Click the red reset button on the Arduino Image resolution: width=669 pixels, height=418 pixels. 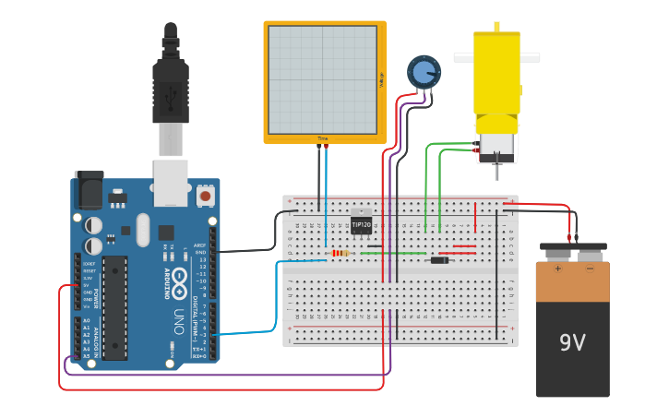(205, 196)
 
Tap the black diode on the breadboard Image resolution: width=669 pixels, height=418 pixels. (440, 260)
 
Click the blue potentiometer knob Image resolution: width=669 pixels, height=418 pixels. (424, 71)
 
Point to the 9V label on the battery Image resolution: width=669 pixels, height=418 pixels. (572, 343)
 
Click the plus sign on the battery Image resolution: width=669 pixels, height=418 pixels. (557, 269)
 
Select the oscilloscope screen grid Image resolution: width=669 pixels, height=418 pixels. (322, 79)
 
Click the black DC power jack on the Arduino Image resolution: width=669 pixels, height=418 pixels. (89, 191)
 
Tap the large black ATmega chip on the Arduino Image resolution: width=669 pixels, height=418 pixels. (114, 307)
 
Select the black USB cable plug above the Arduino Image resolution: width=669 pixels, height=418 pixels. (171, 92)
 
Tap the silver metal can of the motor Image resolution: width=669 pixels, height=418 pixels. (496, 146)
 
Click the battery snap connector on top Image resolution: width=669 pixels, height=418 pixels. (573, 249)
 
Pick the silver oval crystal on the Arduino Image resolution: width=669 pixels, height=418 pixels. (142, 230)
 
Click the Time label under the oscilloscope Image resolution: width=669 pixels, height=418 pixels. (323, 138)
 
